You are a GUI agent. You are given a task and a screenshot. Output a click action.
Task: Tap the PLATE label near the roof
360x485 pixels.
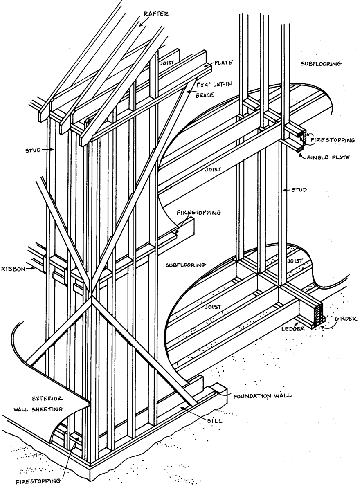pos(223,63)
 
